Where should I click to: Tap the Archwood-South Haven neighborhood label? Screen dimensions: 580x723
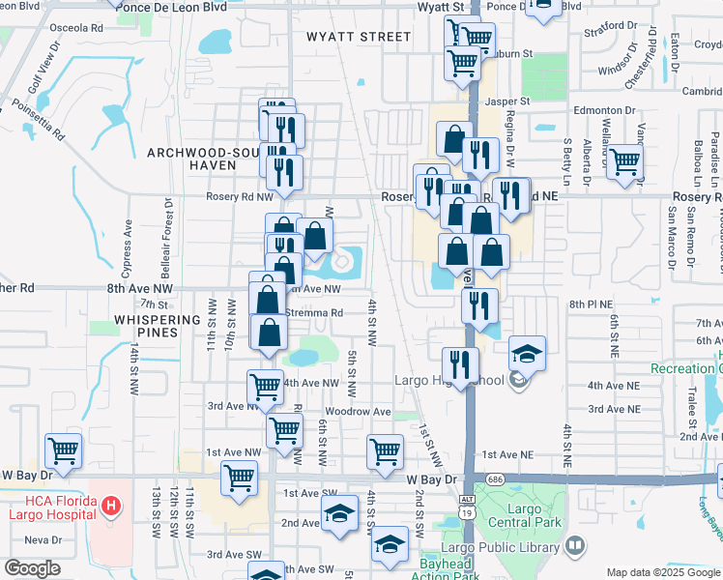coord(191,159)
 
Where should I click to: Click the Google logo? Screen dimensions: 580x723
coord(33,567)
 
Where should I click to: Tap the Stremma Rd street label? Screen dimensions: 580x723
coord(314,313)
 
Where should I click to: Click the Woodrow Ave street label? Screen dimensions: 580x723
coord(358,412)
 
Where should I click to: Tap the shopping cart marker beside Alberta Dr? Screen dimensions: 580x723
coord(625,162)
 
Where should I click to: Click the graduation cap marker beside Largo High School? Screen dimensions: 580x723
coord(528,355)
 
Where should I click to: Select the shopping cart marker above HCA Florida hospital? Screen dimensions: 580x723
coord(63,449)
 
